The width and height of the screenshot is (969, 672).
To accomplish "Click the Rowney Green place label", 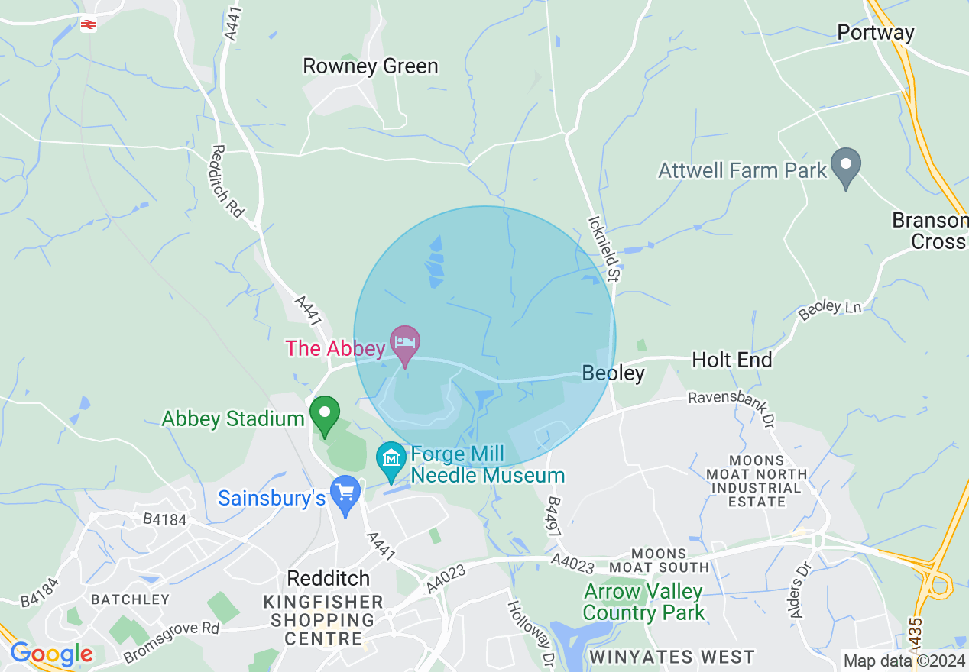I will (371, 66).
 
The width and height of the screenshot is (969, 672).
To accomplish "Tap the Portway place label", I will (876, 33).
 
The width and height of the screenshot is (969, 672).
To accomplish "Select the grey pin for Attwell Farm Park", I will (846, 167).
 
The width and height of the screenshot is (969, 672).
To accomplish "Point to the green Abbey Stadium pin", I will (325, 415).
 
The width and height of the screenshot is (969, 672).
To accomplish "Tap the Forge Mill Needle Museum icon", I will (391, 460).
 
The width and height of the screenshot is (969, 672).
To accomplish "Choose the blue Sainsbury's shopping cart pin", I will (346, 493).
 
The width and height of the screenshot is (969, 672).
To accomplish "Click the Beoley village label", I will (613, 373).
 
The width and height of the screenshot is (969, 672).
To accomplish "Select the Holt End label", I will (731, 360).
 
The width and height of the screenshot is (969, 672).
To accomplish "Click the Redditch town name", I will (328, 577).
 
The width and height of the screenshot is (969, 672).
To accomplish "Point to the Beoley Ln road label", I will (829, 309).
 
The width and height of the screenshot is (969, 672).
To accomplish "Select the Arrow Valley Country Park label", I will (643, 602).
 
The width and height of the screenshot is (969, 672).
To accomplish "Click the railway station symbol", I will (89, 25).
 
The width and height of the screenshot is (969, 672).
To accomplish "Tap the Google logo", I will (51, 654).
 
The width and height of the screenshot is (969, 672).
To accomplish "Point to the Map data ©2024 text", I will (903, 661).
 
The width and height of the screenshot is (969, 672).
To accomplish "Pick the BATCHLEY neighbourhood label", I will (129, 599).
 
